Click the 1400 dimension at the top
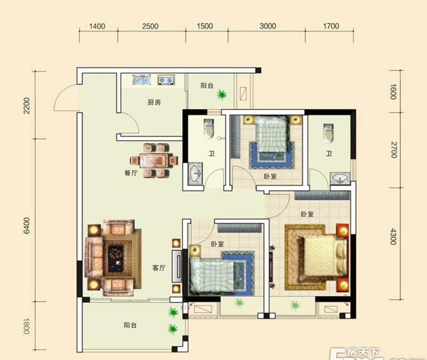click(97, 26)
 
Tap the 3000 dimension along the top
click(268, 26)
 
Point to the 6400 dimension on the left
click(27, 226)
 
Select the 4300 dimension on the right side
click(393, 237)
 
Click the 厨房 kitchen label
click(154, 102)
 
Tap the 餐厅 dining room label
click(131, 173)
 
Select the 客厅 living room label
click(159, 268)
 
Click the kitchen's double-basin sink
click(141, 79)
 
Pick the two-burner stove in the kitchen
click(166, 79)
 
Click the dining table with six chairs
click(154, 161)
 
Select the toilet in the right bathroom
click(328, 133)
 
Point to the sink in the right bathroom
click(340, 179)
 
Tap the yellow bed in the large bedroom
click(323, 257)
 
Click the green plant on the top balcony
click(222, 95)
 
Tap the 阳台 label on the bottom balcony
click(130, 325)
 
